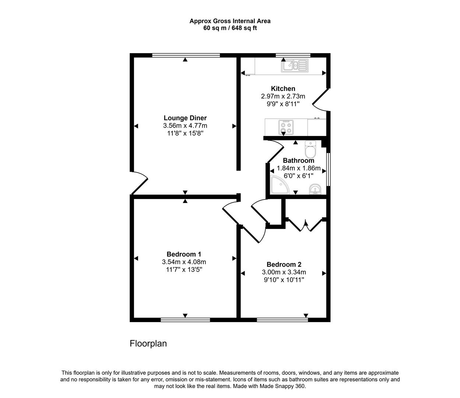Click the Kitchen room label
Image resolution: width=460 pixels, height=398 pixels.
tap(283, 88)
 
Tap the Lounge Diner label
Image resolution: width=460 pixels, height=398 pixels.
tap(185, 118)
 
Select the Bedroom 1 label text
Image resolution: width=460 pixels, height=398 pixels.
tap(184, 254)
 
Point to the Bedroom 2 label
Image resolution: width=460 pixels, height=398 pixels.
tap(284, 264)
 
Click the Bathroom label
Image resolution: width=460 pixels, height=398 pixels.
tap(298, 161)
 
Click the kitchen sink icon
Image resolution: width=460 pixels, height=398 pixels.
tap(294, 66)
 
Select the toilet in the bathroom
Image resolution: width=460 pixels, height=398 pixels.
tap(310, 149)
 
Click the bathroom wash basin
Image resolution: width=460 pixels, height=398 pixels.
tap(315, 189)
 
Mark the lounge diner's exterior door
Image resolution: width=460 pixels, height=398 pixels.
tap(139, 183)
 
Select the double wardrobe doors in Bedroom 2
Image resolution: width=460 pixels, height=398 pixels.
tap(305, 225)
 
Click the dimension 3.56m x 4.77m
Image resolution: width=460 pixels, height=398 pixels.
tap(185, 126)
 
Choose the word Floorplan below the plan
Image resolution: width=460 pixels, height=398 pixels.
tap(148, 343)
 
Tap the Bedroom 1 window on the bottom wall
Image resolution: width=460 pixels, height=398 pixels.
tap(185, 320)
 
